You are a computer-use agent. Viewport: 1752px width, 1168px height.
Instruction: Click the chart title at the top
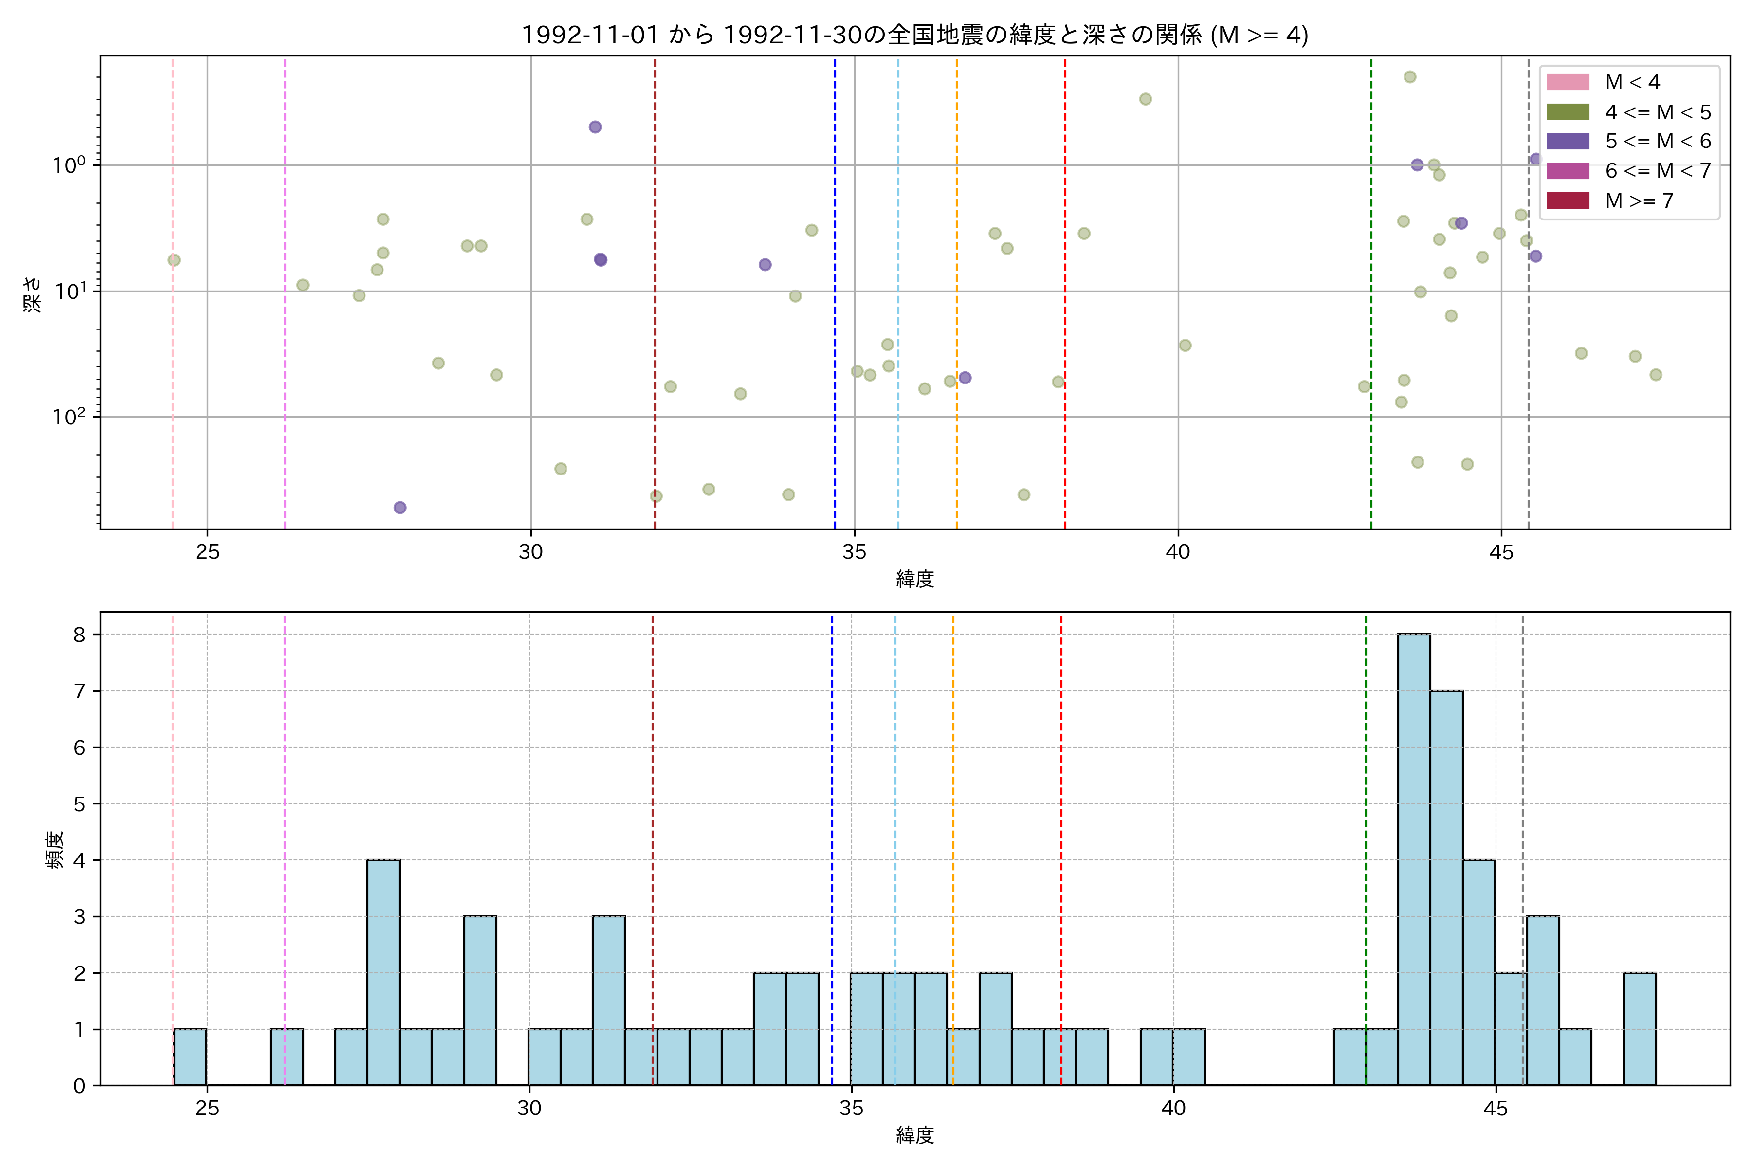pyautogui.click(x=915, y=35)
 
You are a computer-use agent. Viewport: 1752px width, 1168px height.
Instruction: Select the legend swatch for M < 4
pyautogui.click(x=1568, y=82)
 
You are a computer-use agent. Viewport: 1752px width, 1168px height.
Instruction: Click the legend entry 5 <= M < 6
pyautogui.click(x=1658, y=142)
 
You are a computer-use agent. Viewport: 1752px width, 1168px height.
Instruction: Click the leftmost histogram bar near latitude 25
pyautogui.click(x=190, y=1057)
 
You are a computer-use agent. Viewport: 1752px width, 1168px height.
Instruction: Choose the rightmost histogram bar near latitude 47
pyautogui.click(x=1640, y=1029)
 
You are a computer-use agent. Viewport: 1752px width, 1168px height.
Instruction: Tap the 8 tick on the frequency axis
pyautogui.click(x=79, y=635)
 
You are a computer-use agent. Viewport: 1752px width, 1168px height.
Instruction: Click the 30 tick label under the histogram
pyautogui.click(x=529, y=1109)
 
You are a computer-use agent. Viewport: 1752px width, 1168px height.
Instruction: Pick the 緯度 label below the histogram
pyautogui.click(x=915, y=1135)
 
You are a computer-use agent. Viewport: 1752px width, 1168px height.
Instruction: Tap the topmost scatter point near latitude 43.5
pyautogui.click(x=1409, y=77)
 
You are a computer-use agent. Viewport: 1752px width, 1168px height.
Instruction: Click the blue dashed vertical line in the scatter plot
pyautogui.click(x=835, y=335)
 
